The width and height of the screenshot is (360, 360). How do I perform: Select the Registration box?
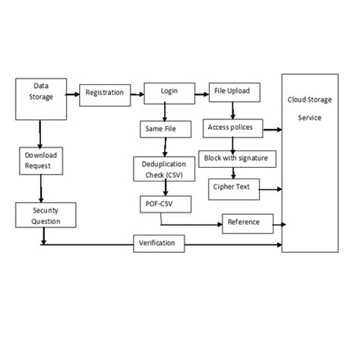(103, 93)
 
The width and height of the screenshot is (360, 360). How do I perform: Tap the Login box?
(169, 91)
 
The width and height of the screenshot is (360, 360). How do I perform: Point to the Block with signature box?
(235, 158)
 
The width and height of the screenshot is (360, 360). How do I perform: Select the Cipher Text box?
(232, 187)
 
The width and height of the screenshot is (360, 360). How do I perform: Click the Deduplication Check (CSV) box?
(163, 168)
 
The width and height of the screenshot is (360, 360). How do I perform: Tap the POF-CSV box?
(163, 204)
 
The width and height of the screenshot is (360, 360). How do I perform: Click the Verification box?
(157, 243)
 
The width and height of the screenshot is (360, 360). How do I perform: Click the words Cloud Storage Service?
(311, 109)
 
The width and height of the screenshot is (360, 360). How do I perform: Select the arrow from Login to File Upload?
(201, 94)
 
